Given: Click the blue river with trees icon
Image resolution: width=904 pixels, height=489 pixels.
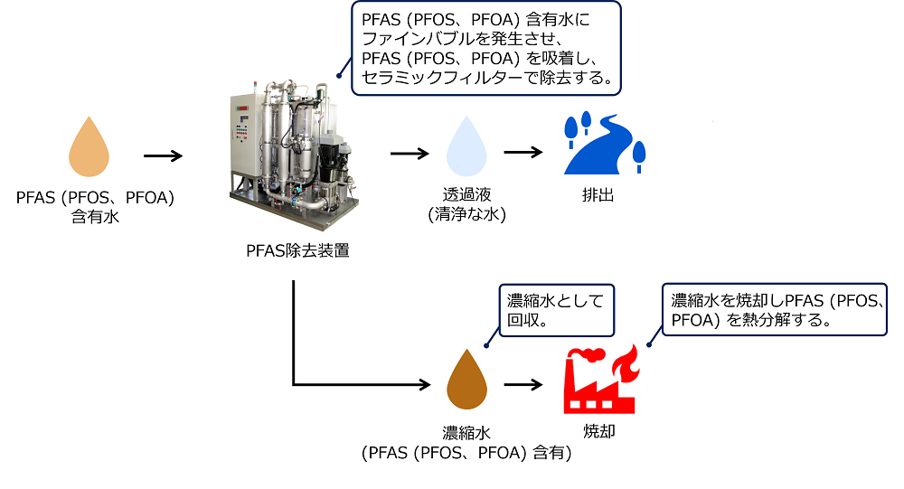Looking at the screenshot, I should click(x=604, y=145).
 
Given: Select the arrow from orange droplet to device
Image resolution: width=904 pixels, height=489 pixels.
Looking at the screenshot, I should click(x=164, y=155).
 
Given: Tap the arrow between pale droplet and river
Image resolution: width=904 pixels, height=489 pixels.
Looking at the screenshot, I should click(x=523, y=153).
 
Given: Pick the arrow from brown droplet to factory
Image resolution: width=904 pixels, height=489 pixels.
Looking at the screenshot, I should click(x=523, y=384).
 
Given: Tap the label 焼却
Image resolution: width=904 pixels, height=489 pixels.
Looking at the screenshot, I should click(x=598, y=432).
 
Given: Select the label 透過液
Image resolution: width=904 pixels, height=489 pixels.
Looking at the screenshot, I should click(x=466, y=195).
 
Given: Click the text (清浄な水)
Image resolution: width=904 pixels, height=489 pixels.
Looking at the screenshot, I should click(x=466, y=215).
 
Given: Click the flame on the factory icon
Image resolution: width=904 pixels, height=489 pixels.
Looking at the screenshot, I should click(x=623, y=364).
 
